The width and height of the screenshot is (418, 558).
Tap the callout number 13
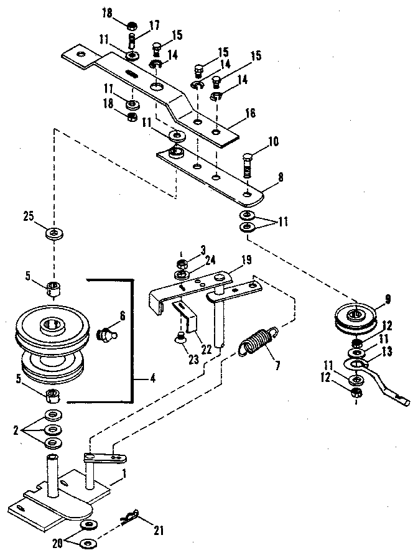(x=387, y=351)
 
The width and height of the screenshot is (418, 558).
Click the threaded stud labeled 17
(x=132, y=42)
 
